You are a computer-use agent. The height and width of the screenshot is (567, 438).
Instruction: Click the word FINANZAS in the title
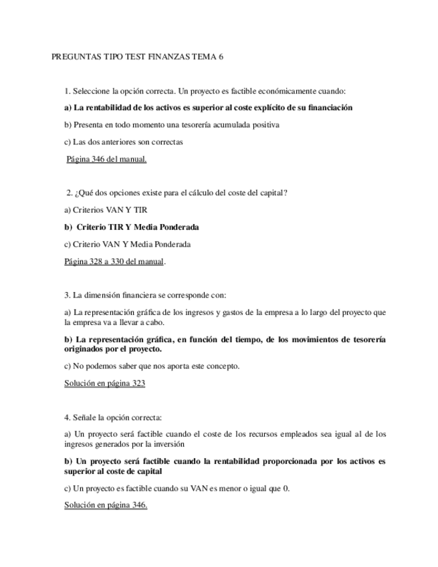point(167,58)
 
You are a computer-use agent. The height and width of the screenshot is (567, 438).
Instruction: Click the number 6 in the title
point(220,58)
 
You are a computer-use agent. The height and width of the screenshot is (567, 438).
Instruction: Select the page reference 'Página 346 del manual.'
point(106,159)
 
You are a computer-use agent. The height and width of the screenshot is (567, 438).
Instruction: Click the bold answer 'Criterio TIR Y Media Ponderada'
point(138,227)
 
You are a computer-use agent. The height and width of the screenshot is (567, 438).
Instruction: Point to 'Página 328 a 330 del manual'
point(114,262)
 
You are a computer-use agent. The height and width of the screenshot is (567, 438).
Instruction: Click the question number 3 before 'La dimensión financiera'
point(67,296)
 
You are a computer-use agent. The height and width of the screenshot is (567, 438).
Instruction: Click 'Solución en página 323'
point(104,384)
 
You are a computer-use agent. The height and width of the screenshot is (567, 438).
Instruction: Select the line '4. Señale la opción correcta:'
point(113,417)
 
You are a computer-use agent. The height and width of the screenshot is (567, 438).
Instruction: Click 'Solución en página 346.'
point(106,505)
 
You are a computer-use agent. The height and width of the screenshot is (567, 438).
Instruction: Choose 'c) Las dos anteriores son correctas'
point(124,142)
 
